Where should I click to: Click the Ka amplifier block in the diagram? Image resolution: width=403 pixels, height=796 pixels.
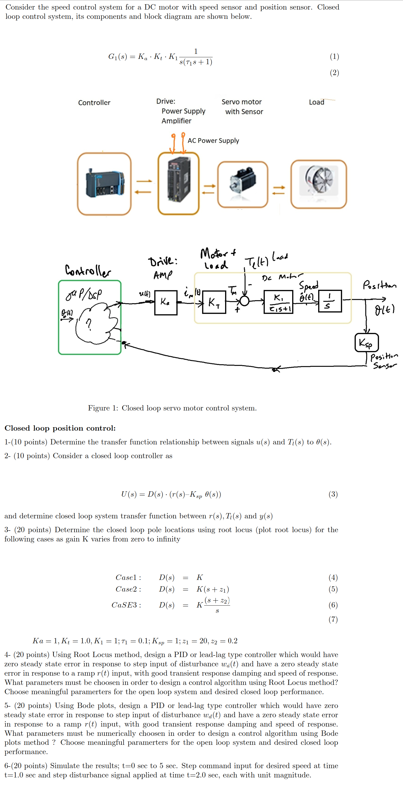point(166,303)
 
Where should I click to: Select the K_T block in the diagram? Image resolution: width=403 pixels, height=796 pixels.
point(214,302)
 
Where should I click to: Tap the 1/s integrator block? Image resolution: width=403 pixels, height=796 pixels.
point(330,301)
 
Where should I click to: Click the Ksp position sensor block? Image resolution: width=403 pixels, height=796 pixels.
point(366,342)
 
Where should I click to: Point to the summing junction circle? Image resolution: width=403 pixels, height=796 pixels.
point(244,300)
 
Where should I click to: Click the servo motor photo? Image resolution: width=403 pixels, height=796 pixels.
point(243,181)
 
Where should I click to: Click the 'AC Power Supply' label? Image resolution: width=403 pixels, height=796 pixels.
point(213,141)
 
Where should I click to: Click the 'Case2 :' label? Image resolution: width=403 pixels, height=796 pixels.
point(128,589)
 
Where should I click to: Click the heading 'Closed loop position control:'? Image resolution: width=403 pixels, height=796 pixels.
point(60,428)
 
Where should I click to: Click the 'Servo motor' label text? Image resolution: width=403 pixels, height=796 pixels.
point(241,102)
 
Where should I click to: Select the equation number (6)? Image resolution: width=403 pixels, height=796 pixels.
point(333,605)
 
